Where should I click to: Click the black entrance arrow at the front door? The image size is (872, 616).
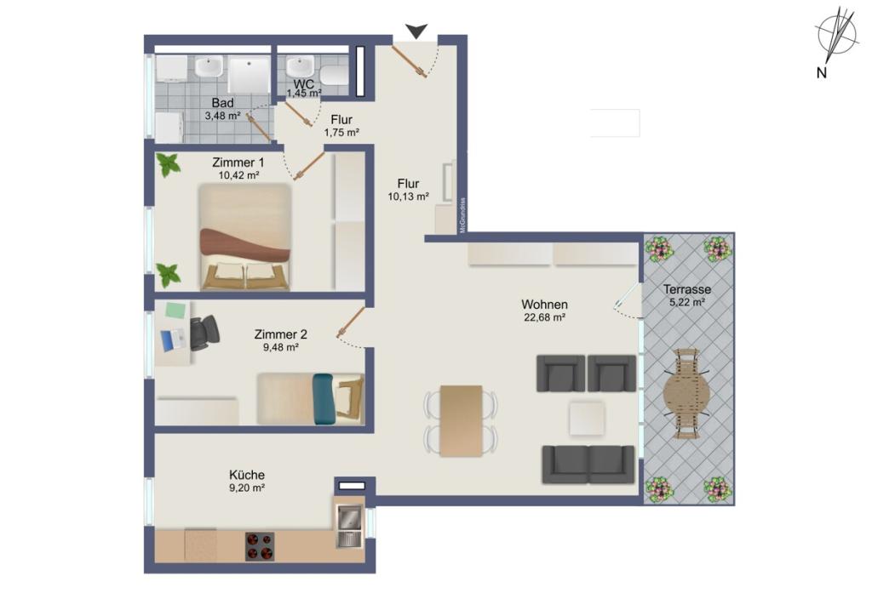click(x=416, y=31)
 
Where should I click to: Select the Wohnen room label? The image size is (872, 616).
click(x=544, y=305)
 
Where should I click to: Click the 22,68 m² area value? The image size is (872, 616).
click(x=544, y=317)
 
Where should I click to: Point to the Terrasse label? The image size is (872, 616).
click(x=687, y=289)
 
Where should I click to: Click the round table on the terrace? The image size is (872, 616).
click(x=686, y=394)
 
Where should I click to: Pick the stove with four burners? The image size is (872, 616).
click(x=260, y=546)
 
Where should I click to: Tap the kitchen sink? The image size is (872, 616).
click(x=349, y=526)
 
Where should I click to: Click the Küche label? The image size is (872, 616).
click(x=247, y=475)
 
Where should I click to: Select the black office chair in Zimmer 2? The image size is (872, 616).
click(x=204, y=333)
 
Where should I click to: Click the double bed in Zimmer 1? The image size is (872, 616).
click(x=244, y=237)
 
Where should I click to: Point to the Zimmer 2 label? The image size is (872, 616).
click(x=280, y=334)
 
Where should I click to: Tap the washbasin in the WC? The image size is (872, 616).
click(x=301, y=68)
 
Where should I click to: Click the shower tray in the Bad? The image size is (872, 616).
click(x=249, y=74)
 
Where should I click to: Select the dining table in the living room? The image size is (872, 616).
click(x=461, y=421)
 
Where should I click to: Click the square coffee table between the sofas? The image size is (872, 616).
click(x=587, y=419)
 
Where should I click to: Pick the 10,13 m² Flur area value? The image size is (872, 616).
click(x=408, y=197)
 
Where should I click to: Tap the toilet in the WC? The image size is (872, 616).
click(x=334, y=74)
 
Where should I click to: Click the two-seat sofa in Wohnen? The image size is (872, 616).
click(x=588, y=465)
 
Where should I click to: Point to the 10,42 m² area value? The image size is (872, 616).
click(x=239, y=175)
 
